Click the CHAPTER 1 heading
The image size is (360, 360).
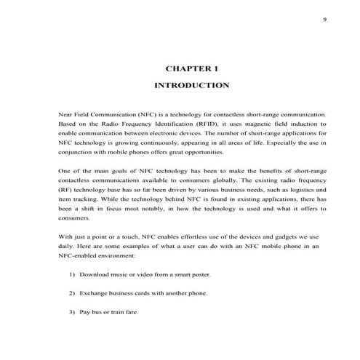(192, 68)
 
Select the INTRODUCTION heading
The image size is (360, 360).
(192, 86)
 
